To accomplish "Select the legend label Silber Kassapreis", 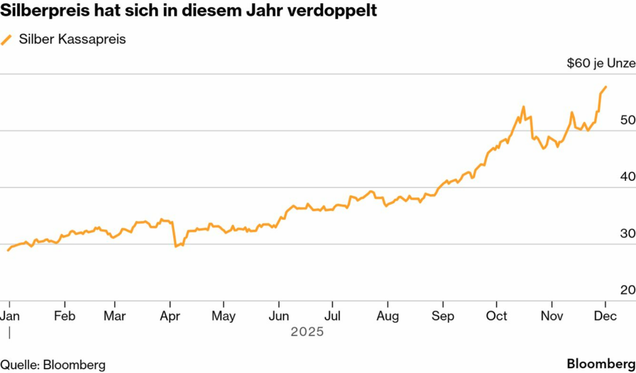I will pyautogui.click(x=72, y=39).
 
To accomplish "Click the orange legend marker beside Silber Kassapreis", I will pyautogui.click(x=7, y=40).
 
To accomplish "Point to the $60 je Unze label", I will pyautogui.click(x=600, y=64).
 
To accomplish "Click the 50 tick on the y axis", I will pyautogui.click(x=627, y=121).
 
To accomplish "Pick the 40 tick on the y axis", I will pyautogui.click(x=627, y=177).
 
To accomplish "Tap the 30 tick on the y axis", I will pyautogui.click(x=627, y=233).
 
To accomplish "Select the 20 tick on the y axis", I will pyautogui.click(x=627, y=290).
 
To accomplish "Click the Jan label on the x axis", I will pyautogui.click(x=9, y=316).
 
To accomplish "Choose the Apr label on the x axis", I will pyautogui.click(x=171, y=316).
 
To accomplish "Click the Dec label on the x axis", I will pyautogui.click(x=606, y=316).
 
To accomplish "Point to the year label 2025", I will pyautogui.click(x=307, y=331).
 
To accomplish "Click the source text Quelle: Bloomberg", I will pyautogui.click(x=53, y=364).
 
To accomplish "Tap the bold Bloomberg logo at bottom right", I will pyautogui.click(x=601, y=364).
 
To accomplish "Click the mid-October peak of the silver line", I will pyautogui.click(x=523, y=107).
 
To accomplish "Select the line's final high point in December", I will pyautogui.click(x=606, y=87).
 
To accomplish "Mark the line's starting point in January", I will pyautogui.click(x=8, y=250).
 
